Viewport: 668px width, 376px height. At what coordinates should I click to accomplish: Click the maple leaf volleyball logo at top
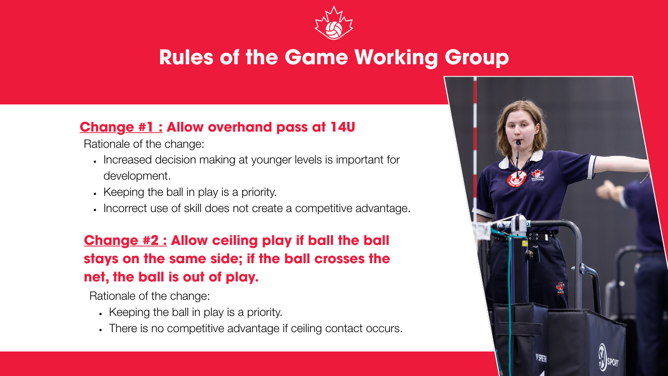coord(334,23)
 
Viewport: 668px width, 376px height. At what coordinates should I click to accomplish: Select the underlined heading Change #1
coord(121,127)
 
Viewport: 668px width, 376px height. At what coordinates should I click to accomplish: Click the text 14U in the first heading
coord(343,127)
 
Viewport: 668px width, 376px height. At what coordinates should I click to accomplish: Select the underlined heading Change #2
coord(125,240)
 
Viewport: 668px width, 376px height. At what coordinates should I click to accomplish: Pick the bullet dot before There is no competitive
coord(101,330)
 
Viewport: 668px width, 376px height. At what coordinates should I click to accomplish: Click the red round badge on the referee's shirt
coord(516,179)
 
